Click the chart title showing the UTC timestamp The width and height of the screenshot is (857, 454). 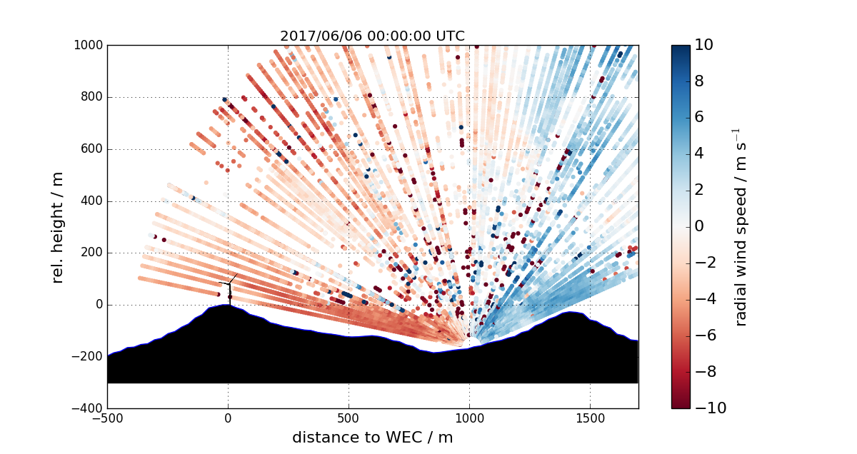point(372,36)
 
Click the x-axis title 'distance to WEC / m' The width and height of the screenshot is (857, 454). point(372,437)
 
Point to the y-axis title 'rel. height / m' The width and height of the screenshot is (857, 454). point(59,227)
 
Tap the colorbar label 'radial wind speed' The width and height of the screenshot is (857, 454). point(741,227)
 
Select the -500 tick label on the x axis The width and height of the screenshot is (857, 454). point(107,420)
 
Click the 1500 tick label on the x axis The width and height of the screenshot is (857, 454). point(590,420)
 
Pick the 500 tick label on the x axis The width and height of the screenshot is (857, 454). point(349,420)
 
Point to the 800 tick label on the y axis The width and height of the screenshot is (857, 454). point(91,97)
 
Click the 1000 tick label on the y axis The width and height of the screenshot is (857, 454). point(89,45)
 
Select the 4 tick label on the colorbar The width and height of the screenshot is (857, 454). point(700,154)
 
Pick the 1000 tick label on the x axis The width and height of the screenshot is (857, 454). point(469,420)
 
